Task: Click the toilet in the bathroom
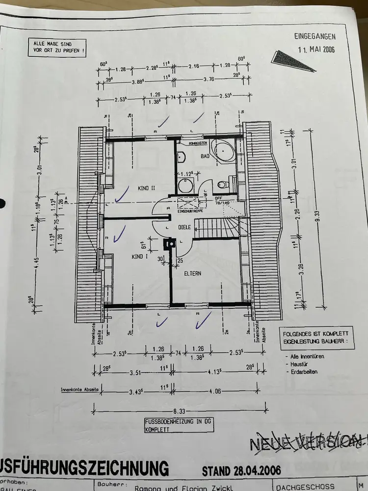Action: [x=222, y=185]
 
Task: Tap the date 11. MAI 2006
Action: [x=316, y=50]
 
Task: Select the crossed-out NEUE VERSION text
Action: [x=308, y=443]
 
